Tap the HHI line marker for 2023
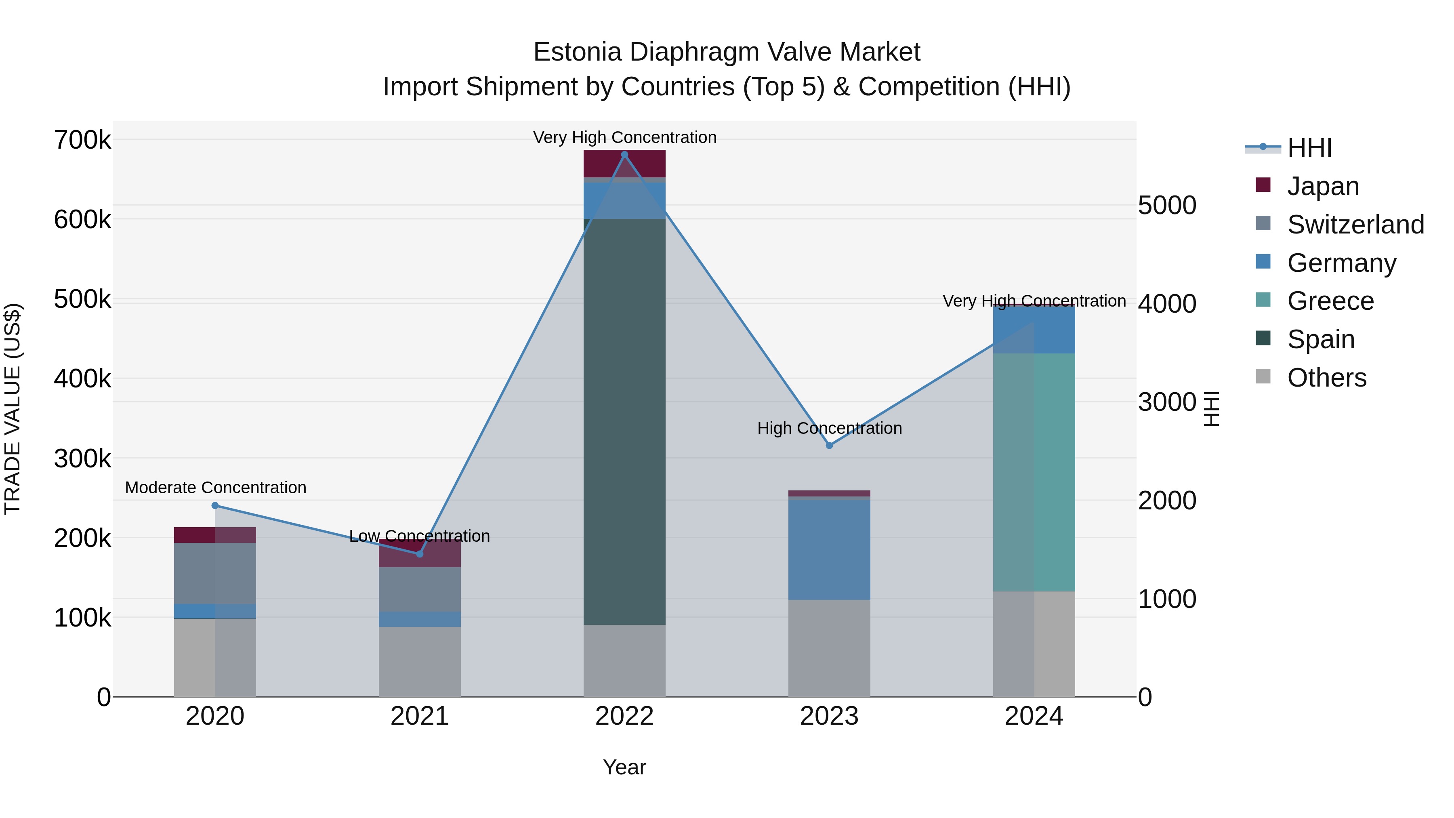829,446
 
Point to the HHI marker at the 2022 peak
624,155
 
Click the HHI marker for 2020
215,506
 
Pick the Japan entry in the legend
1322,186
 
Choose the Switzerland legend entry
1355,225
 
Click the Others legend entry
1326,378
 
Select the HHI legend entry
1309,148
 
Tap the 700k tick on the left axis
82,140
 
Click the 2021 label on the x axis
419,716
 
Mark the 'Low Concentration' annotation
419,536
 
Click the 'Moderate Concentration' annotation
216,487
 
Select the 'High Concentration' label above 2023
829,428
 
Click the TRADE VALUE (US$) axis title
13,409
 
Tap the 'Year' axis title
624,767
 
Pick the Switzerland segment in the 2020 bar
215,573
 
